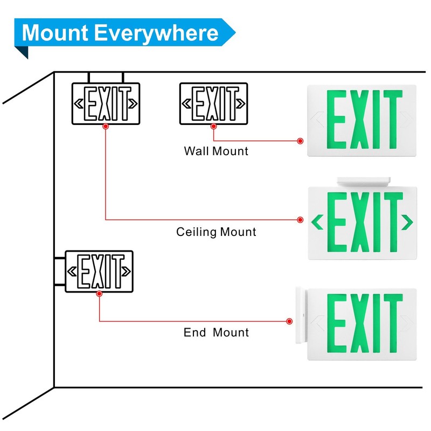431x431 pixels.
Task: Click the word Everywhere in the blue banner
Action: (x=156, y=33)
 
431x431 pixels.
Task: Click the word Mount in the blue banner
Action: (x=55, y=32)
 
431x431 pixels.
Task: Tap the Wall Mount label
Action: (x=216, y=151)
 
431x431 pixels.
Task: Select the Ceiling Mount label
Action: (x=216, y=232)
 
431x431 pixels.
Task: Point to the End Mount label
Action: (x=216, y=332)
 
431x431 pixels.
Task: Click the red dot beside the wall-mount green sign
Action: (x=300, y=141)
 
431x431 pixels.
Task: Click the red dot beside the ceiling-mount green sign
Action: (x=300, y=220)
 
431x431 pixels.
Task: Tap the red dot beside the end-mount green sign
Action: (x=289, y=321)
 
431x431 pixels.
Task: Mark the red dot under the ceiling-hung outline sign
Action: (x=106, y=126)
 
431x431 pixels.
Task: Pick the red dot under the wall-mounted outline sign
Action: (x=213, y=126)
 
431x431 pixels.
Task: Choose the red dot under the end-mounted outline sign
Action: (x=99, y=294)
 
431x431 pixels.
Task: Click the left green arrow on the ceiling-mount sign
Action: (x=317, y=222)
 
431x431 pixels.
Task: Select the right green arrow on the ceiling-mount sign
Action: (x=407, y=222)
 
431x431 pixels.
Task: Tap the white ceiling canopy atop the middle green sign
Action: (x=364, y=182)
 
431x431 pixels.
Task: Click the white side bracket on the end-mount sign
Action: (x=301, y=315)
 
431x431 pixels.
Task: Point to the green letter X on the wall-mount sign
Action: (x=359, y=119)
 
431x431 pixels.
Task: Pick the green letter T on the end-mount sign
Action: (x=393, y=323)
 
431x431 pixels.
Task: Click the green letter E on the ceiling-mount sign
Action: (x=336, y=222)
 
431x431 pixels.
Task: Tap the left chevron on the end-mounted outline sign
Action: (x=72, y=272)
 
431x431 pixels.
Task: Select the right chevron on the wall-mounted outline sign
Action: (x=241, y=103)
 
